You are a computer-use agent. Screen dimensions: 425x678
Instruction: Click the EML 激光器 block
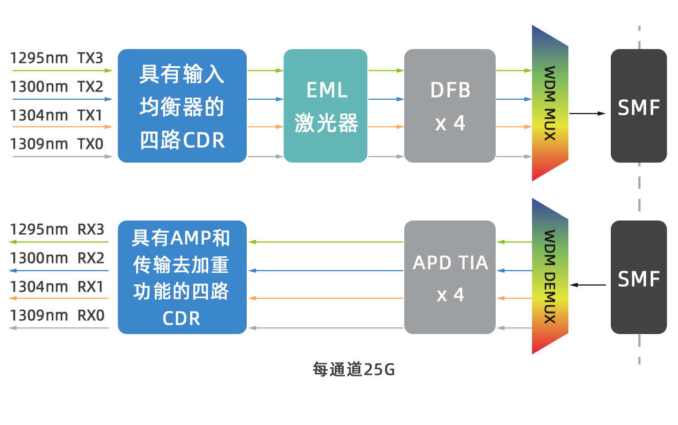[325, 105]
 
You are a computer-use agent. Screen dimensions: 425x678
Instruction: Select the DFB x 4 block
[449, 105]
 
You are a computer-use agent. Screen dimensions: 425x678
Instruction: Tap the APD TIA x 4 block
[449, 277]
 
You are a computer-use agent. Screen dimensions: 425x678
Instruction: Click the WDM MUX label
[549, 104]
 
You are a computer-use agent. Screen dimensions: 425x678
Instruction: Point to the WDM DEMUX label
[549, 276]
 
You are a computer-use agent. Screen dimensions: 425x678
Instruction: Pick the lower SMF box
[638, 278]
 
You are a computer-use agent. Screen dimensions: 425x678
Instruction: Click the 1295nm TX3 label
[57, 58]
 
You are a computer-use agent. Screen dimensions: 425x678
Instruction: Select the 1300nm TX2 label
[57, 87]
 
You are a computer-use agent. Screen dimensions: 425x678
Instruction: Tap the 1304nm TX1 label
[57, 116]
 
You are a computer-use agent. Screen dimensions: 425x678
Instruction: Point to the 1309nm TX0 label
[57, 144]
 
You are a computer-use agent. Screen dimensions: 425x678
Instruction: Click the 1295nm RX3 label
[57, 229]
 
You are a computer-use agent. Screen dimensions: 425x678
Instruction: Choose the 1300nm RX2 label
[57, 258]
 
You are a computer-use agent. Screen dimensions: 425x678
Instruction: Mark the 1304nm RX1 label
[57, 287]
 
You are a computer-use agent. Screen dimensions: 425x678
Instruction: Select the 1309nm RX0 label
[57, 315]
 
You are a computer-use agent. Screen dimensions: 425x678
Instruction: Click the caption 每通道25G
[354, 369]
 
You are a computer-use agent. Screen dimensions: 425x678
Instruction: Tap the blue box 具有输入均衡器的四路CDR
[182, 105]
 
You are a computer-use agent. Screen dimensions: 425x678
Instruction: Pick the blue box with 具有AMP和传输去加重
[182, 277]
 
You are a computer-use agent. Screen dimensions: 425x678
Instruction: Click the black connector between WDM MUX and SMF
[600, 114]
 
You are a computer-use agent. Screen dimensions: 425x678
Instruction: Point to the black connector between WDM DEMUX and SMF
[574, 285]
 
